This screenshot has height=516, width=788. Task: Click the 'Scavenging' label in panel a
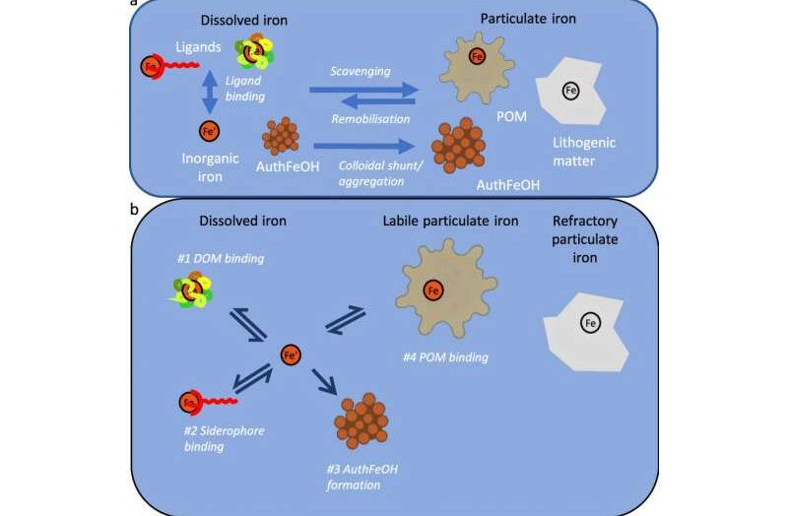(x=362, y=71)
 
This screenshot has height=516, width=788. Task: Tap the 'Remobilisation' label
(x=362, y=116)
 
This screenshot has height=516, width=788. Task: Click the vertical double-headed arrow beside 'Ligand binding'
(x=209, y=93)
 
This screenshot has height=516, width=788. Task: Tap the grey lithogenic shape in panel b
(x=586, y=325)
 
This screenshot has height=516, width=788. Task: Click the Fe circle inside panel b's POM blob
(x=430, y=290)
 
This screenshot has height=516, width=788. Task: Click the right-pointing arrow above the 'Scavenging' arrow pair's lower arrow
(x=362, y=91)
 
